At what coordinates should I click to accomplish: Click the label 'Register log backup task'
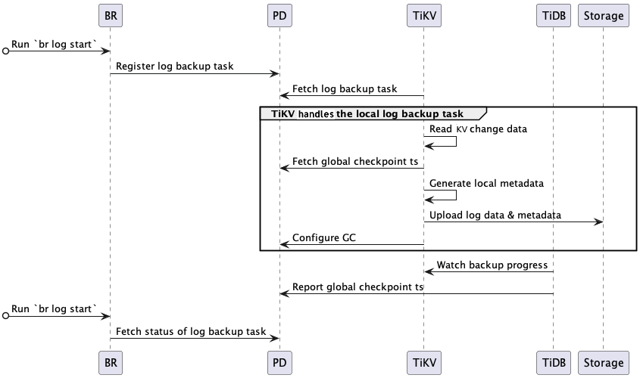174,67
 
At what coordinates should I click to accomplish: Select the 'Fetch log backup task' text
345,89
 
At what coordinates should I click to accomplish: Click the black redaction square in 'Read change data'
461,130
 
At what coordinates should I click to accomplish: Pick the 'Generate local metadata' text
486,184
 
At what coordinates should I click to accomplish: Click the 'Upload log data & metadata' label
495,215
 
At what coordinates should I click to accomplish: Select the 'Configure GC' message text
324,238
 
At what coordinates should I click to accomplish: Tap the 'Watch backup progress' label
492,265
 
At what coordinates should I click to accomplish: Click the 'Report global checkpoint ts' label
357,287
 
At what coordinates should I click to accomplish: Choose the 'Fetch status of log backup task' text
191,331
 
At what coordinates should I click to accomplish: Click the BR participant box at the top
111,15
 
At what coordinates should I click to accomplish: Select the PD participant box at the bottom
280,363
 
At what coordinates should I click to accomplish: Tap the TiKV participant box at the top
423,15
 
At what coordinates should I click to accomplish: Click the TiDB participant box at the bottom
553,363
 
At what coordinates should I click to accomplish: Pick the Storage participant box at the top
604,15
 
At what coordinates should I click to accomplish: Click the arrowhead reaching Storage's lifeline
598,222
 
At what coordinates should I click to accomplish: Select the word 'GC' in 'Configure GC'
348,238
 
